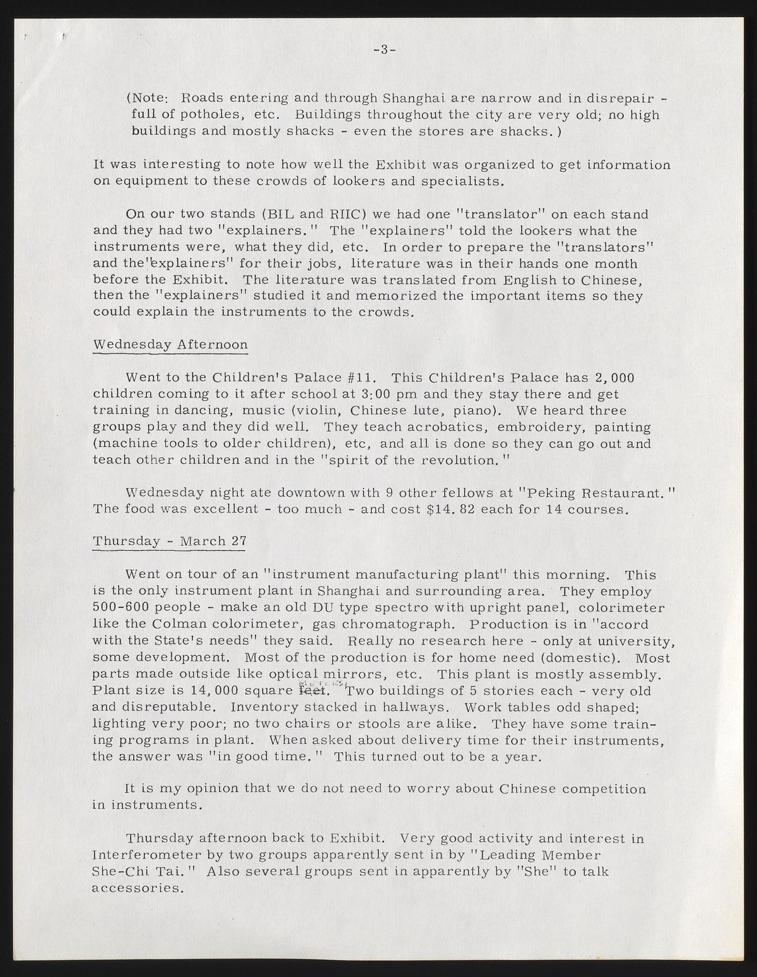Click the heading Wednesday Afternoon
point(170,345)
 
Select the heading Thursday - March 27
point(169,542)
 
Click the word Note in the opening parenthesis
point(149,98)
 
